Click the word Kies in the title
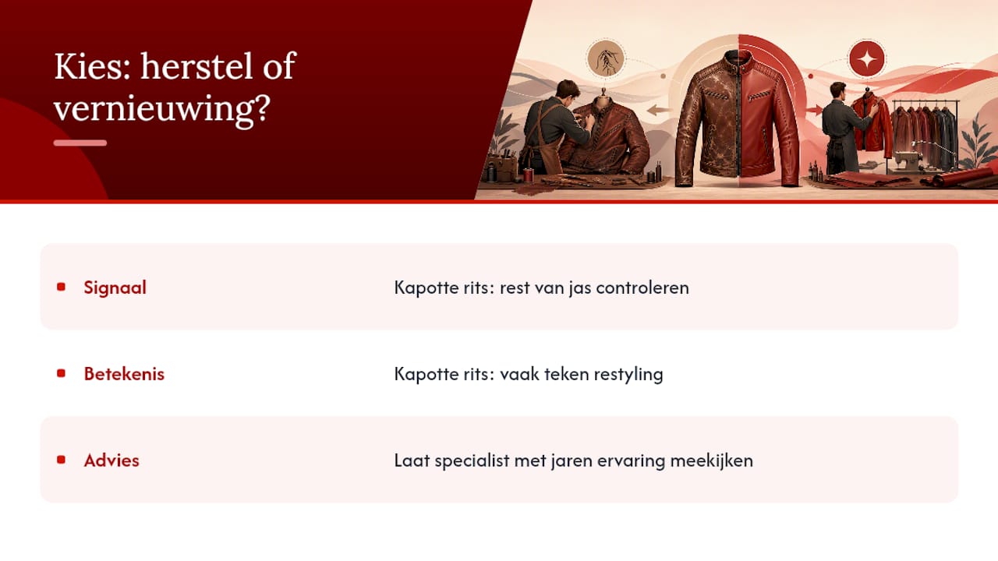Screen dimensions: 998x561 [93, 66]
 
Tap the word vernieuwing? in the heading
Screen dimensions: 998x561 [162, 108]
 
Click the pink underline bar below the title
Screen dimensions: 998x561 [80, 143]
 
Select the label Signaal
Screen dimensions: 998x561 [115, 288]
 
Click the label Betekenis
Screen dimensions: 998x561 [124, 373]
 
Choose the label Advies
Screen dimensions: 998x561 [111, 460]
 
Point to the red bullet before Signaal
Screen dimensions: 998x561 [61, 287]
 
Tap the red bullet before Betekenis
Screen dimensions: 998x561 [61, 373]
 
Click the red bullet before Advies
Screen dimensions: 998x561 [61, 460]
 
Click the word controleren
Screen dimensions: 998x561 [642, 288]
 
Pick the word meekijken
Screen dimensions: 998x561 [712, 460]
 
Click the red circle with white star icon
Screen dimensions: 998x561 [866, 58]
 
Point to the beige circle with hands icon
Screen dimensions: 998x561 [606, 58]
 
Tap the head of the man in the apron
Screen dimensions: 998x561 [567, 91]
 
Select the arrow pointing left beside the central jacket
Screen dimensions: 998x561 [659, 110]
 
